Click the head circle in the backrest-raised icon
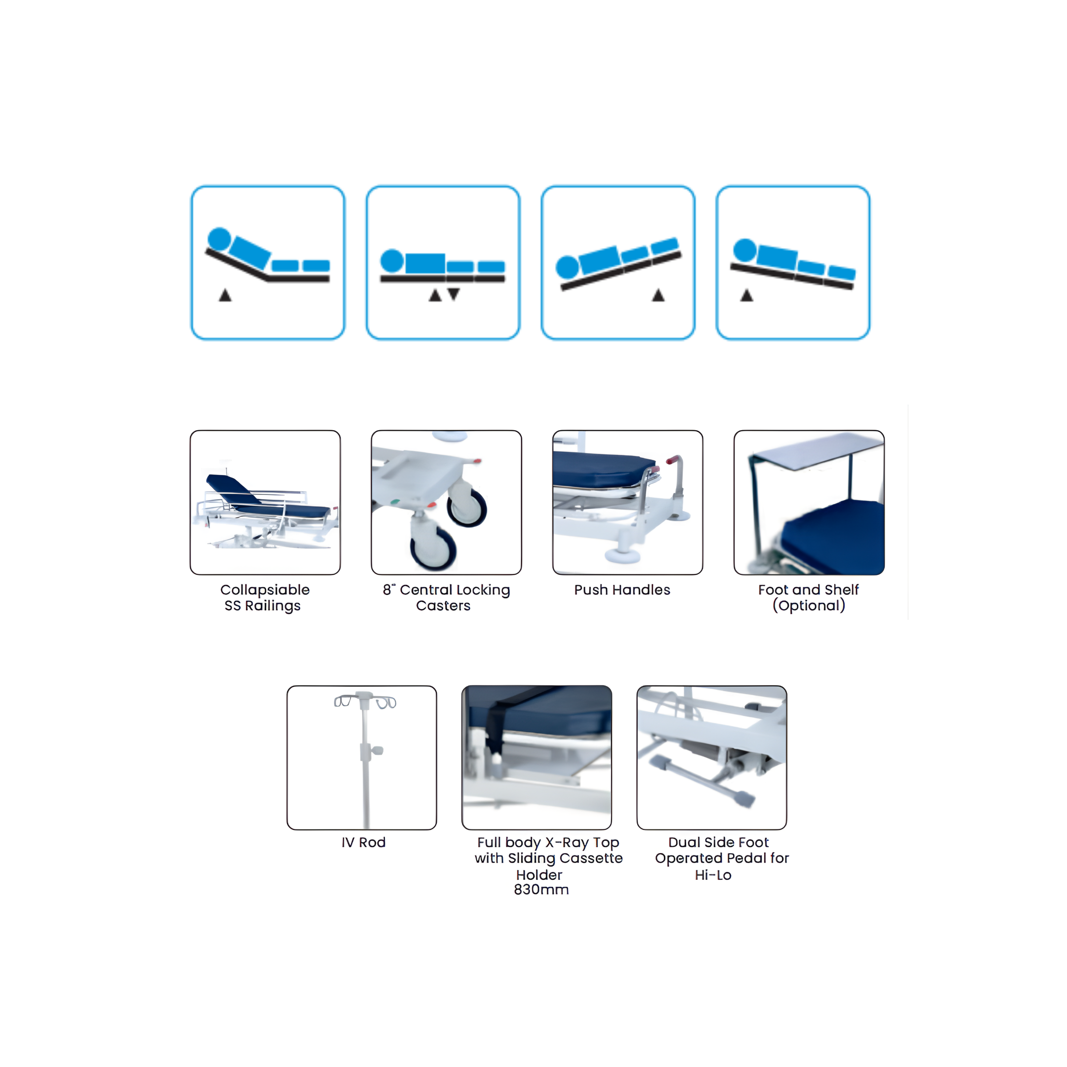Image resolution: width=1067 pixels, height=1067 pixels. click(x=219, y=239)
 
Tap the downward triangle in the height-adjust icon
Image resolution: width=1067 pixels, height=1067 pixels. click(x=453, y=294)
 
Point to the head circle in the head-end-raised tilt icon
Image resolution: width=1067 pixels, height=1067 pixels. click(x=745, y=250)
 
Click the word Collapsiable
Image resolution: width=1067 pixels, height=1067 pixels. click(x=265, y=590)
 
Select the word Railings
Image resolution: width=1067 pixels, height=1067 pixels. click(x=273, y=606)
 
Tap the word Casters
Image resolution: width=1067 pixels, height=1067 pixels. click(x=443, y=606)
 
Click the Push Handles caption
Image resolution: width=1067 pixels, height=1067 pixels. click(x=622, y=590)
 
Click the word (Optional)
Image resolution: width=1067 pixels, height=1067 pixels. click(x=809, y=605)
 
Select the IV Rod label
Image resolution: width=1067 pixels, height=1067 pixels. click(x=363, y=842)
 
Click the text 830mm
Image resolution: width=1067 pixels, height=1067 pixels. click(x=541, y=890)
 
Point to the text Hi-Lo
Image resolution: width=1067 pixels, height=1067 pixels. click(x=713, y=875)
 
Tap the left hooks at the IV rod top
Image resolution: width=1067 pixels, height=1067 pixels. click(x=343, y=701)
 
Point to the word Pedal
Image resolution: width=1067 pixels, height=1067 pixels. click(x=746, y=858)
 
